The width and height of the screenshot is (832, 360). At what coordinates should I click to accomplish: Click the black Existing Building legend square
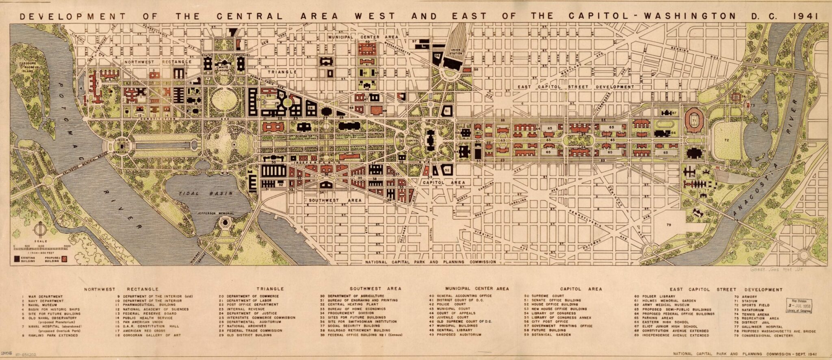point(17,258)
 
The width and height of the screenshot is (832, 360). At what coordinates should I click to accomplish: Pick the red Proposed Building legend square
point(64,258)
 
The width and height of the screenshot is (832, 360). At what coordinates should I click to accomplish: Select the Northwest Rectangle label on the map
point(158,62)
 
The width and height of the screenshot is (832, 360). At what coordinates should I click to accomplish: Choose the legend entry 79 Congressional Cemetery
point(763,336)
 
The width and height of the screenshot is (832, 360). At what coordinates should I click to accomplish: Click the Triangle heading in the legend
point(270,289)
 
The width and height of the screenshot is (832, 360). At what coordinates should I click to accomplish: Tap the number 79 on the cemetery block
point(669,224)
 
